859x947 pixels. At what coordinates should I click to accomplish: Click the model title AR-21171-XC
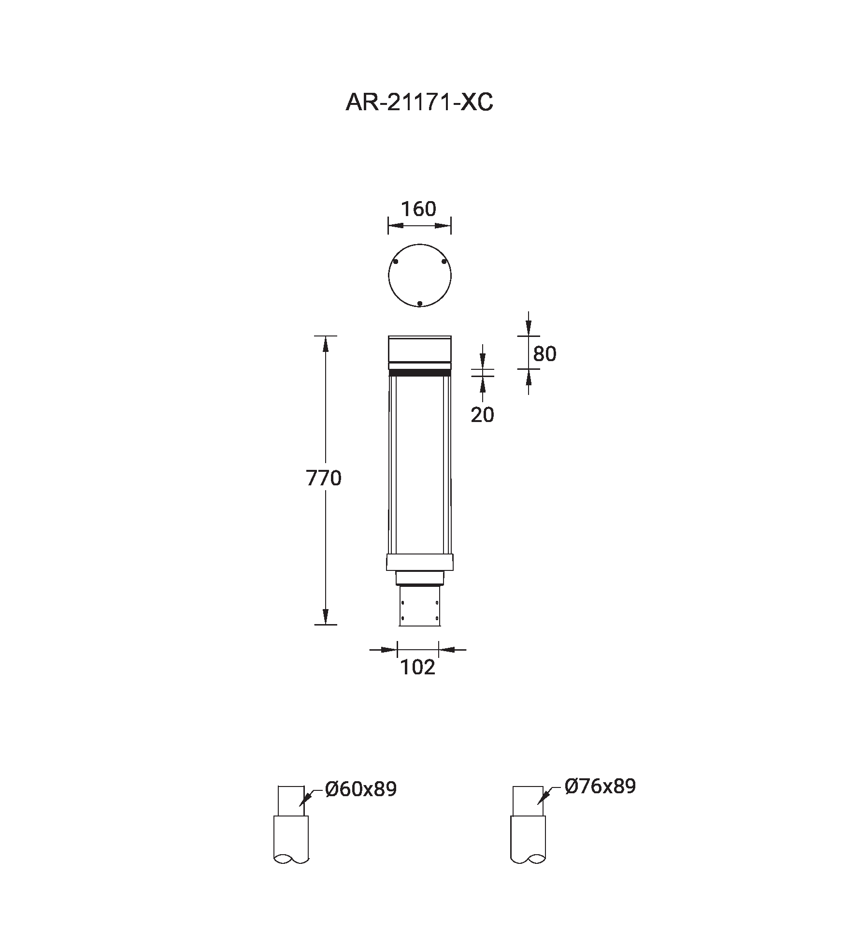(x=419, y=102)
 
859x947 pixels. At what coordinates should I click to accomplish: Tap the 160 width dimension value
(x=419, y=209)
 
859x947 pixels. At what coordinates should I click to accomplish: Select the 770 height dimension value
(x=324, y=478)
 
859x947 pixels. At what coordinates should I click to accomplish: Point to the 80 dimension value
(x=544, y=354)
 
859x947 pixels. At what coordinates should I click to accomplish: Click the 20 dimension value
(x=483, y=415)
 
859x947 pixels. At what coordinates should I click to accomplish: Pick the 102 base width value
(x=418, y=668)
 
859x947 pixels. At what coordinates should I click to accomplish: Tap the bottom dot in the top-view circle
(x=420, y=304)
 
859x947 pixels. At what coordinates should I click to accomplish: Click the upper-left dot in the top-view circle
(x=396, y=262)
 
